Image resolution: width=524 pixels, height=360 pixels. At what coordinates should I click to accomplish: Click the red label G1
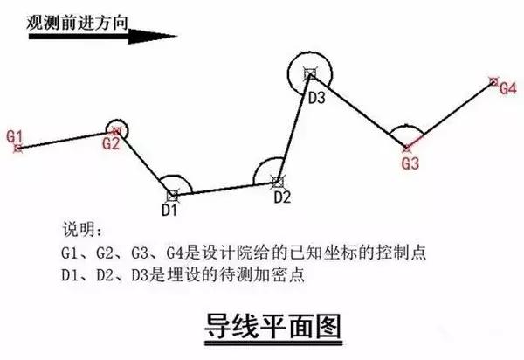[15, 136]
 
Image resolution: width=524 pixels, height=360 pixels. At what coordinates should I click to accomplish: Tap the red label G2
[111, 143]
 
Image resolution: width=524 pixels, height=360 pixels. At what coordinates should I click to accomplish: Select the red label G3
[410, 163]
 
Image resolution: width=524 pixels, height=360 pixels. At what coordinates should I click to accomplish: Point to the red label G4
[508, 88]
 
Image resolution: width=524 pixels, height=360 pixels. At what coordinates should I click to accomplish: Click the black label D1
[169, 210]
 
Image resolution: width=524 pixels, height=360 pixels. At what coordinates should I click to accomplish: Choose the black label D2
[282, 197]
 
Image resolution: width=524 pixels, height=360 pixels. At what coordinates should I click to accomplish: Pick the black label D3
[316, 98]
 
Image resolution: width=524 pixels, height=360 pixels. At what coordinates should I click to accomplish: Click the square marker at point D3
[310, 74]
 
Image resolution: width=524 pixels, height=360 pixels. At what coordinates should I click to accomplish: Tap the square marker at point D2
[277, 182]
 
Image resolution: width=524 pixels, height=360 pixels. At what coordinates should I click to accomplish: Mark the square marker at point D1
[173, 196]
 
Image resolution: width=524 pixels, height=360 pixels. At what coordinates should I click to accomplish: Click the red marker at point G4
[493, 81]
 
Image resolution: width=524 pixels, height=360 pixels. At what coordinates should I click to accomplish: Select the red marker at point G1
[18, 148]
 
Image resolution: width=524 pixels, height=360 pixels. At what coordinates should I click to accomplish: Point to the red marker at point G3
[407, 148]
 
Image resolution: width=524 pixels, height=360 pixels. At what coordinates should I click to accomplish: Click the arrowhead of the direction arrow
[152, 36]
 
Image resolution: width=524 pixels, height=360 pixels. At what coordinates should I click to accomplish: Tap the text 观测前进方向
[77, 23]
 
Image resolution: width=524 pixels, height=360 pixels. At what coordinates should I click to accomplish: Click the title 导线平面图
[273, 326]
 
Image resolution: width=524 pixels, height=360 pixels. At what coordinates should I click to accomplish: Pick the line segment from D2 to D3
[293, 128]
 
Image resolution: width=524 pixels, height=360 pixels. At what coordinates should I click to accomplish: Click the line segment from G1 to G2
[67, 140]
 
